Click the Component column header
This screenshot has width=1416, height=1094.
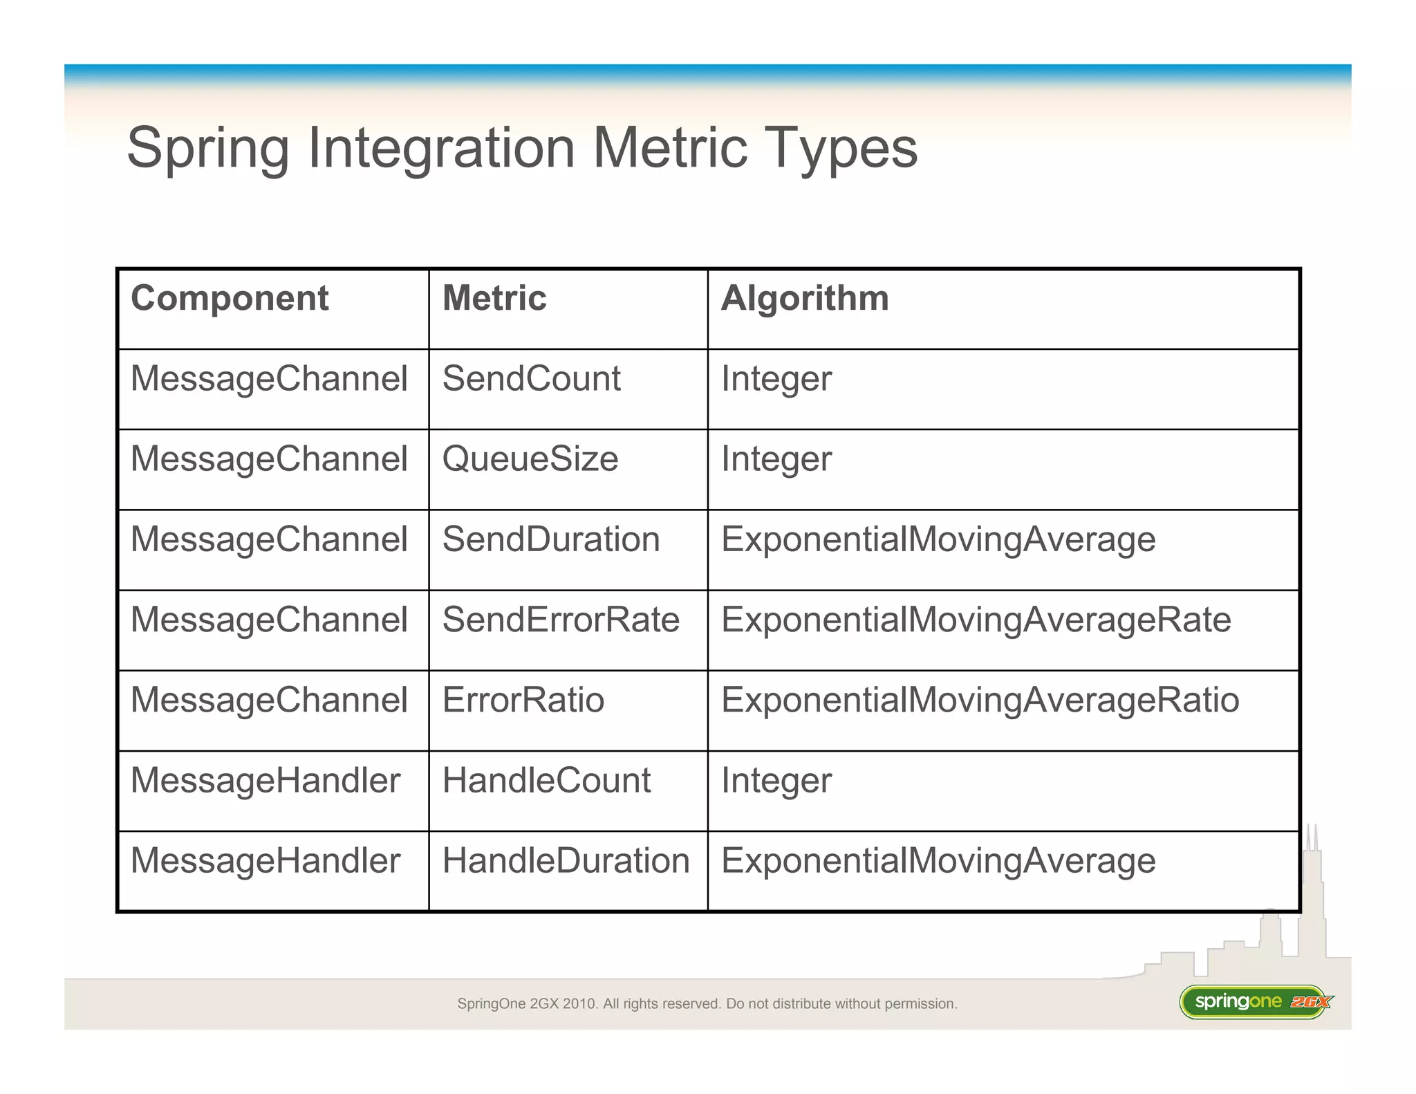pyautogui.click(x=230, y=299)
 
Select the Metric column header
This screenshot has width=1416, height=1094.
pyautogui.click(x=494, y=299)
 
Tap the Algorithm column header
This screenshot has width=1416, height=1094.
pyautogui.click(x=805, y=299)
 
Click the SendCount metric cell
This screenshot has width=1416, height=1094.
pyautogui.click(x=531, y=379)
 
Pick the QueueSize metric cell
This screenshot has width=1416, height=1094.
pyautogui.click(x=530, y=459)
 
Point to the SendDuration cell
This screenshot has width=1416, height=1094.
pyautogui.click(x=551, y=539)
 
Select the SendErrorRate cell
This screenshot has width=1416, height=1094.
pyautogui.click(x=561, y=620)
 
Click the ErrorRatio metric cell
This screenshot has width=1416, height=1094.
pyautogui.click(x=523, y=700)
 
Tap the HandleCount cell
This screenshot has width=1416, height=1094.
pyautogui.click(x=546, y=780)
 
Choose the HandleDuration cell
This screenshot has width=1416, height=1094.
pyautogui.click(x=566, y=861)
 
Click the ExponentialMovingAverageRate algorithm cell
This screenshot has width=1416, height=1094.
pyautogui.click(x=976, y=620)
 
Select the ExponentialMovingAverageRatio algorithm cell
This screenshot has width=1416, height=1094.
pyautogui.click(x=980, y=700)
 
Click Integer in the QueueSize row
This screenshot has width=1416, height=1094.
pyautogui.click(x=776, y=460)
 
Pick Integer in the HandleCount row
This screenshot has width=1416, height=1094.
pyautogui.click(x=776, y=781)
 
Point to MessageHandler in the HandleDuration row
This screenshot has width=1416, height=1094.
pyautogui.click(x=265, y=861)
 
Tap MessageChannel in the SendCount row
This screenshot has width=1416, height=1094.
pyautogui.click(x=269, y=379)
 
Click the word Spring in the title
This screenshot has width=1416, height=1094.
pyautogui.click(x=207, y=149)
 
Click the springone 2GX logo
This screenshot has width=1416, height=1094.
pyautogui.click(x=1255, y=1001)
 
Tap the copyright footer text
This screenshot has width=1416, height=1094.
pyautogui.click(x=707, y=1003)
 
